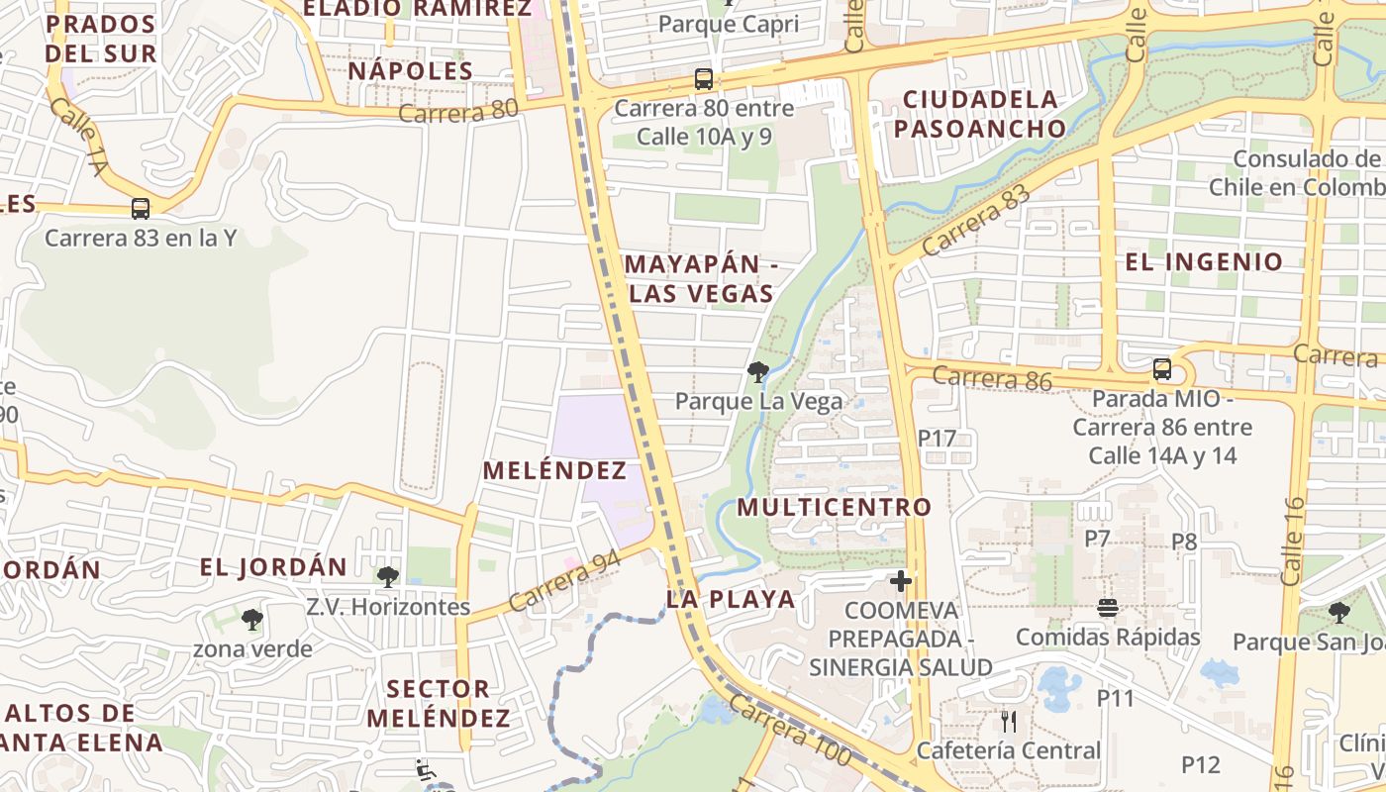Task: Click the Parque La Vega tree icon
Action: coord(758,372)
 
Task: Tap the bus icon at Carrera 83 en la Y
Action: coord(141,209)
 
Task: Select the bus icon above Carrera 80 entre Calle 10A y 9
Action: coord(704,79)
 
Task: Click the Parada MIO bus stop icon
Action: coord(1162,369)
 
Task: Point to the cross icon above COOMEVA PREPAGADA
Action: coord(901,580)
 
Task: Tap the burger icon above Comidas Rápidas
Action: coord(1108,608)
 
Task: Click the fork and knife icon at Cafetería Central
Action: coord(1009,721)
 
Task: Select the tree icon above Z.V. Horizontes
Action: coord(388,576)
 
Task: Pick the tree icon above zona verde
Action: coord(252,620)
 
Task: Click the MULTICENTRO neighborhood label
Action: coord(835,508)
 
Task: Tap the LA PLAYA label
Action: coord(731,599)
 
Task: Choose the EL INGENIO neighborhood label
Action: coord(1204,262)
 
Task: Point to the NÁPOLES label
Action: coord(411,71)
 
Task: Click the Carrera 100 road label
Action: coord(790,731)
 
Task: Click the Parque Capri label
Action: coord(728,25)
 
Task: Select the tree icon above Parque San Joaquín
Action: coord(1338,612)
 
